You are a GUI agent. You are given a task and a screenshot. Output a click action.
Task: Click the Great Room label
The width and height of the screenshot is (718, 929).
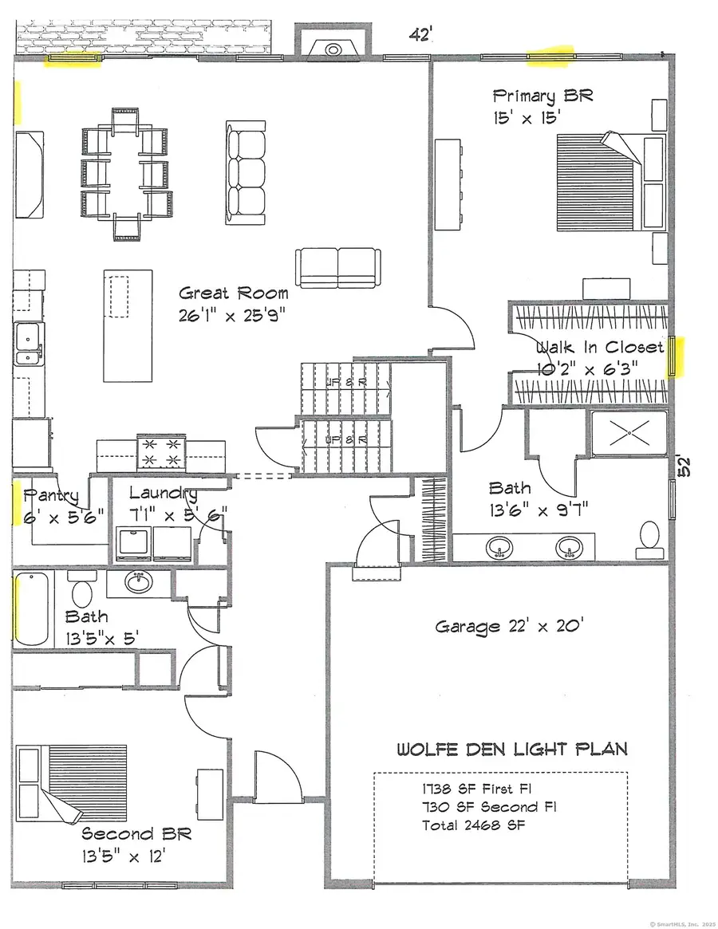click(233, 293)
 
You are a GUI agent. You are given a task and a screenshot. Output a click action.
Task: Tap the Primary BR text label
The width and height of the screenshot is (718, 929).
click(542, 96)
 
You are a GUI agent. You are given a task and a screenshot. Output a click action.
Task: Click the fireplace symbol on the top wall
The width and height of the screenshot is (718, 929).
click(333, 49)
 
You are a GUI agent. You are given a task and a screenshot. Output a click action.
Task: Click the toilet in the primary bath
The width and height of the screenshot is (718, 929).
click(650, 540)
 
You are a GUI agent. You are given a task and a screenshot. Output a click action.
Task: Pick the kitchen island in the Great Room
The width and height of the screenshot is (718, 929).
click(128, 325)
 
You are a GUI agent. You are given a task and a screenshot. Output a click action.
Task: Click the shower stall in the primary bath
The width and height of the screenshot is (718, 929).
click(628, 433)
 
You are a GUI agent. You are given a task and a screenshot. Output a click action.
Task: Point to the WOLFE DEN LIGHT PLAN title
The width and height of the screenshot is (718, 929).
click(512, 749)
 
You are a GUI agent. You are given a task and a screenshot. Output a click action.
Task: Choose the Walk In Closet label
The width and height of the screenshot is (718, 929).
click(599, 348)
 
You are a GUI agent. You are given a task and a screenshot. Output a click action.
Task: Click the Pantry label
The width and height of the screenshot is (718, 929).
click(51, 496)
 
